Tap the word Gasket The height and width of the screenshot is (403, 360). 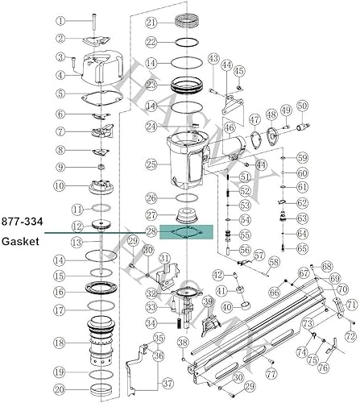19,242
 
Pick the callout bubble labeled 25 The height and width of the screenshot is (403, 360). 151,164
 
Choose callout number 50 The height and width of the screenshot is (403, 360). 303,105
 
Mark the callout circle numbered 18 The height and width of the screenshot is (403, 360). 60,343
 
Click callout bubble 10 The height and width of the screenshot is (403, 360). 60,186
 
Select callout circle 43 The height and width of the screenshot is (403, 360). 213,58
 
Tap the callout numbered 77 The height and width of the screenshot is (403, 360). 271,375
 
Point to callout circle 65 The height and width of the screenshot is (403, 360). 303,250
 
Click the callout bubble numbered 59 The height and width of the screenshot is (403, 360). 303,157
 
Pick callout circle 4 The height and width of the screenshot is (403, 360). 60,76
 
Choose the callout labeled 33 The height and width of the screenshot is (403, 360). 151,306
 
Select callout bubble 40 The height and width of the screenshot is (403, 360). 226,306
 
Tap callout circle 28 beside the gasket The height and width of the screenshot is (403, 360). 151,232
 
